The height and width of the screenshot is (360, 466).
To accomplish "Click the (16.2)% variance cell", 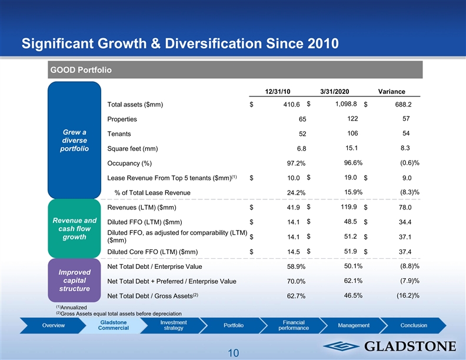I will tap(407, 295).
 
